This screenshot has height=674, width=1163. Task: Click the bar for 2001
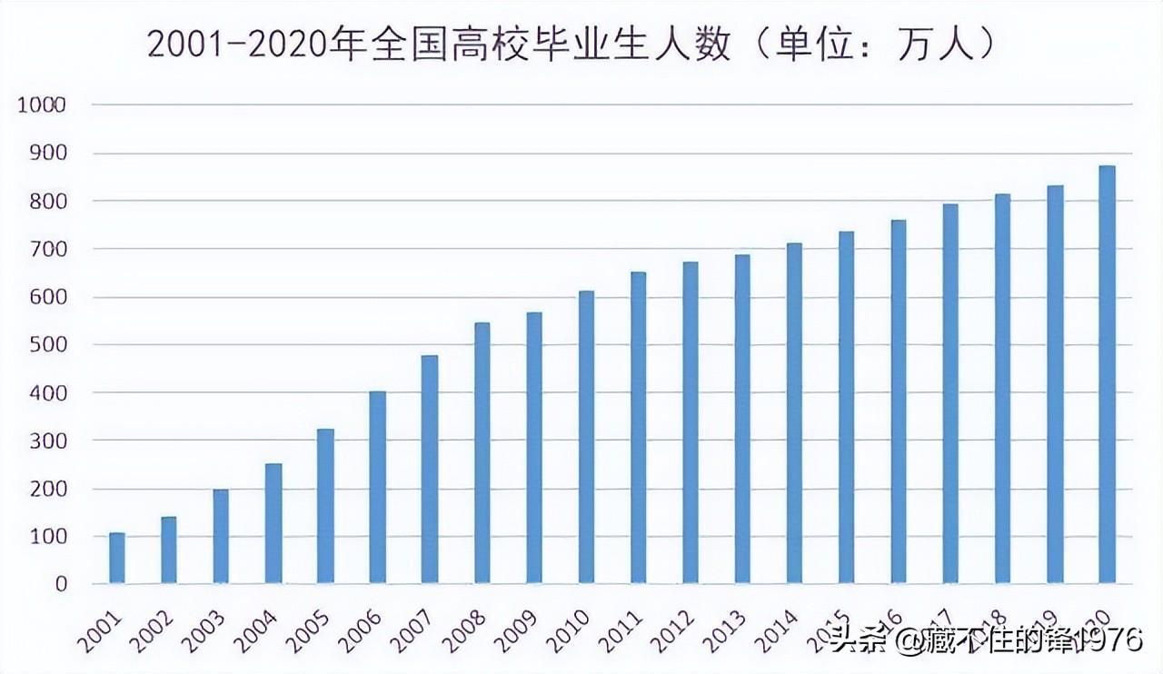coord(117,558)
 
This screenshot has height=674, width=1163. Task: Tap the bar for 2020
coord(1107,374)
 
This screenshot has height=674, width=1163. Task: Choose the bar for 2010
coord(586,437)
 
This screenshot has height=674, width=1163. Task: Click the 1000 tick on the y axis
coord(42,105)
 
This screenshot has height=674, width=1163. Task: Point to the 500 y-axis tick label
coord(49,345)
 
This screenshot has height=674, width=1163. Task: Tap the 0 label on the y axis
coord(61,584)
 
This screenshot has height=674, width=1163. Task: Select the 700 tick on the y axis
coord(49,249)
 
